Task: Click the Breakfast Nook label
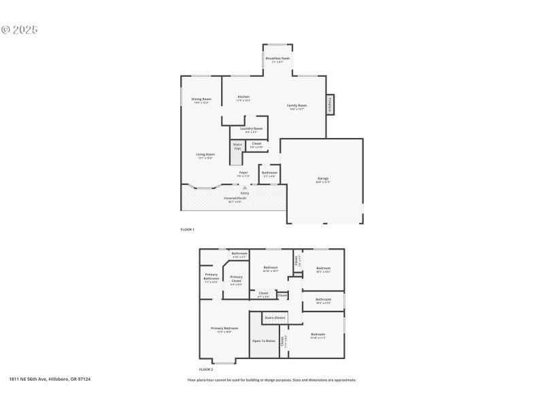coord(277,58)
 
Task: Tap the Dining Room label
coord(201,99)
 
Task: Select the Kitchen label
coord(243,97)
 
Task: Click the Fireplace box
coord(330,105)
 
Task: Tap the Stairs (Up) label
coord(237,146)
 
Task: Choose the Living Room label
coord(205,155)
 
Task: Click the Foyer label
coord(243,173)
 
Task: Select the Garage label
coord(322,179)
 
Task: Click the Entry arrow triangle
coord(244,188)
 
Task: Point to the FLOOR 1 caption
coord(187,229)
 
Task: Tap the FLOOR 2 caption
coord(197,370)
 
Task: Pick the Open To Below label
coord(264,340)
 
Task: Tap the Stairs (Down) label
coord(275,318)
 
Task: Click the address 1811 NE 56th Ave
coord(50,379)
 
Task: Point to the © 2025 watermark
coord(20,30)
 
